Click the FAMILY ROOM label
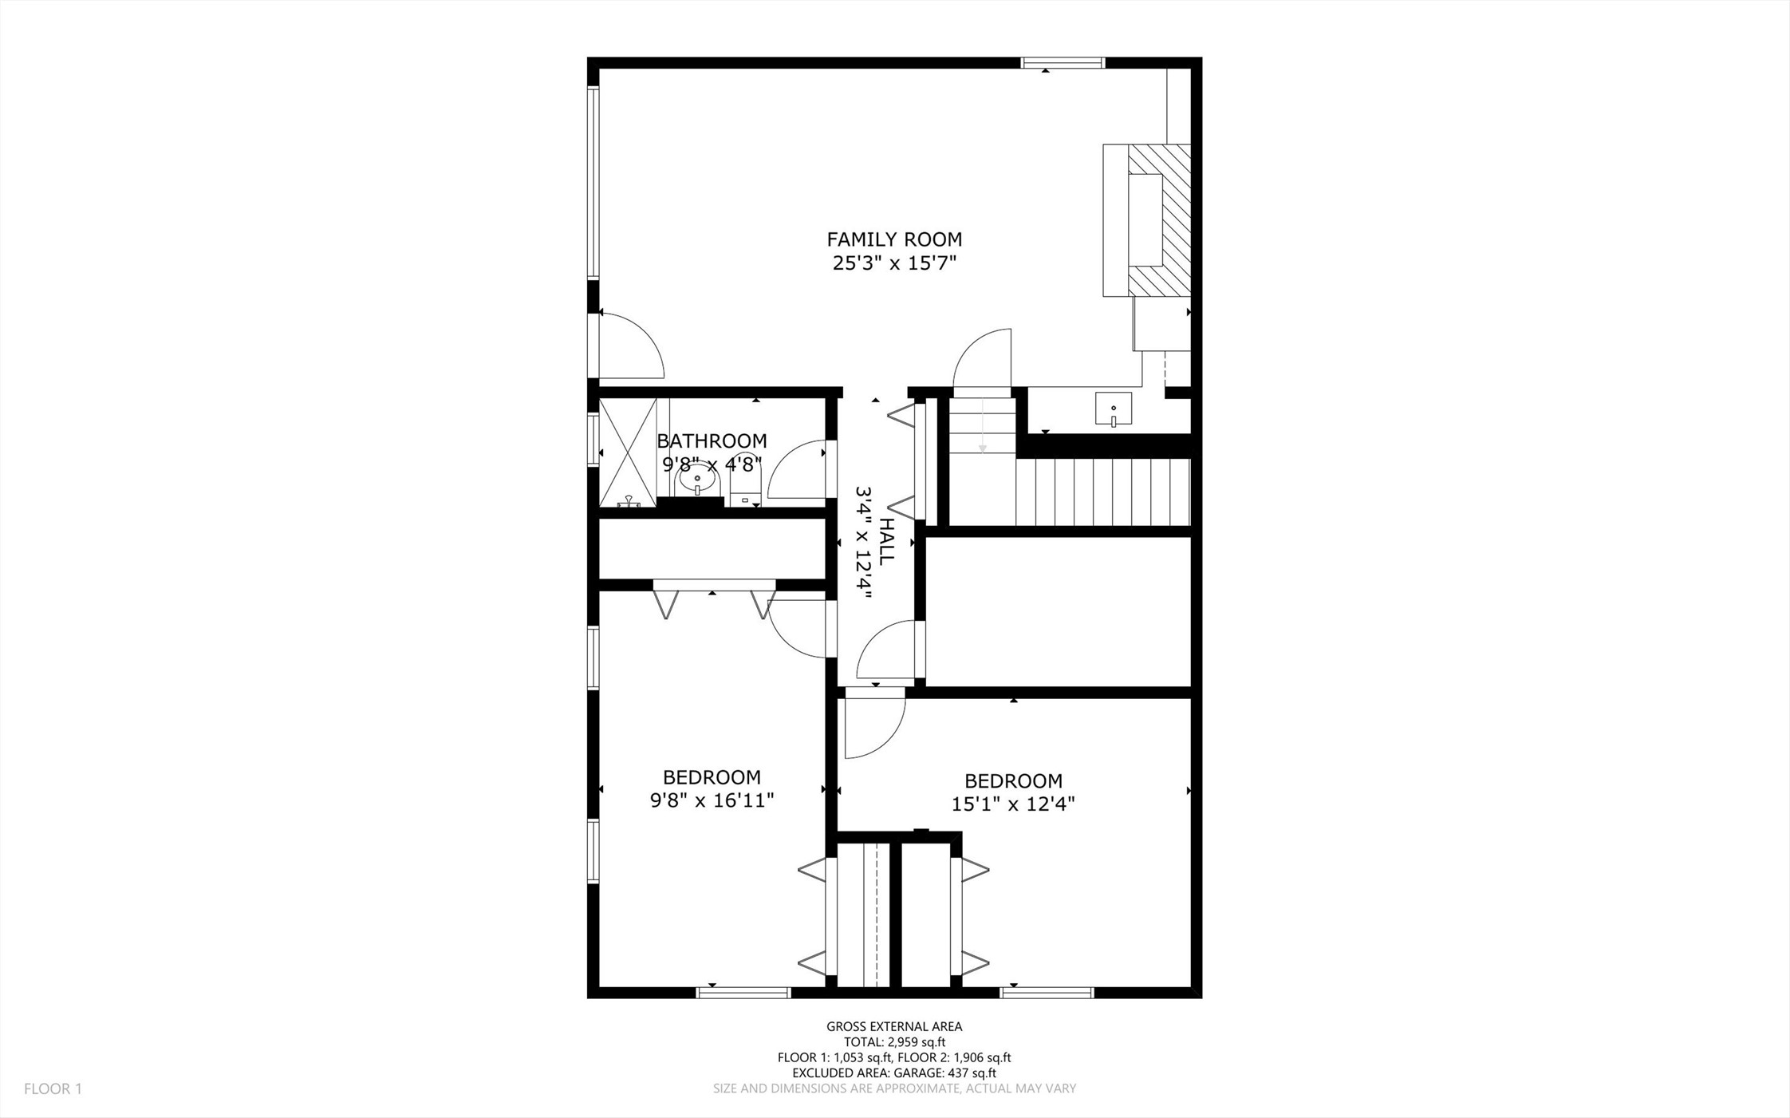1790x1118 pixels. [894, 239]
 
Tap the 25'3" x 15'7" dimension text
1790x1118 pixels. [894, 263]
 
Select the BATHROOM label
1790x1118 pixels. [712, 441]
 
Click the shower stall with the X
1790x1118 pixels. [628, 453]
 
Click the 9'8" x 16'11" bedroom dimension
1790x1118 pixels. [712, 800]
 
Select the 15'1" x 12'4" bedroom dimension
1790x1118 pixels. [1013, 804]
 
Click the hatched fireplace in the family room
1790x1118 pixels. [1158, 220]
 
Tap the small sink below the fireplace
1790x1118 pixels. [1114, 409]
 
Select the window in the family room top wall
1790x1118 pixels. [1063, 62]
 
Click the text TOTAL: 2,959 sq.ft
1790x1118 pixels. [894, 1042]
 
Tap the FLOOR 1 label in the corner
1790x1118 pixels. [53, 1088]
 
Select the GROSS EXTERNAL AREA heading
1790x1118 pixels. [894, 1027]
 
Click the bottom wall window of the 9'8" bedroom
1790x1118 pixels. [743, 993]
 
